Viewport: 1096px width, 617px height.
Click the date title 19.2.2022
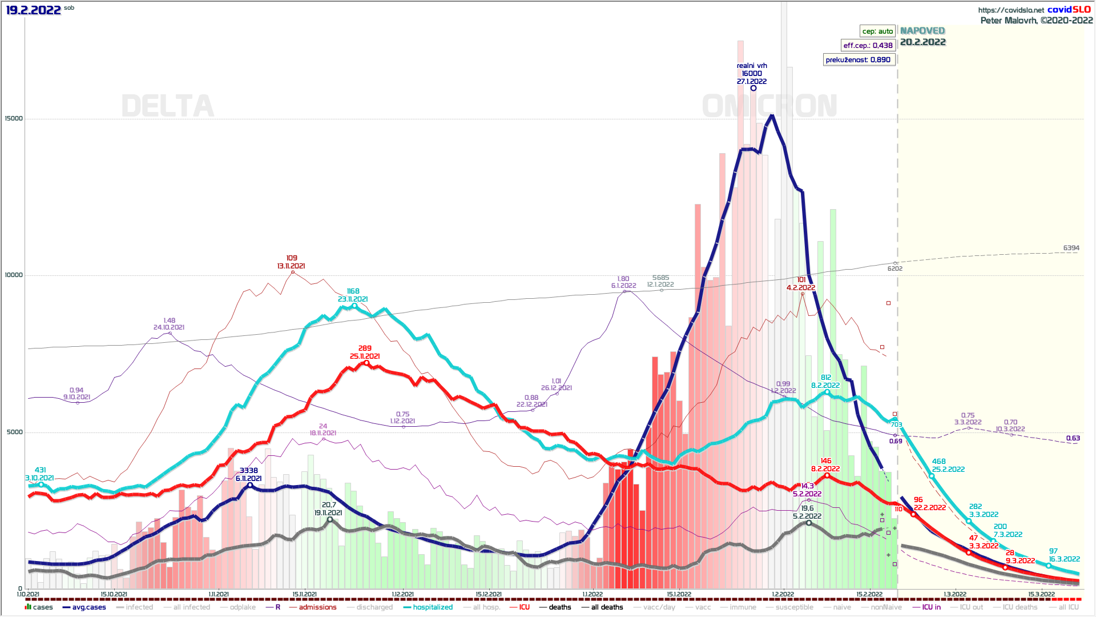pos(33,10)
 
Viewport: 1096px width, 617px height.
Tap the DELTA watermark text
pos(168,106)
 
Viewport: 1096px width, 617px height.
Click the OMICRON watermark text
pos(769,106)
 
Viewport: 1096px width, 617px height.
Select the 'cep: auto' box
pos(877,31)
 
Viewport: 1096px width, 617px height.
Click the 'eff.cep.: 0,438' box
pos(868,45)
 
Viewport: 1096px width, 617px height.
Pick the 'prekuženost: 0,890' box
pos(858,59)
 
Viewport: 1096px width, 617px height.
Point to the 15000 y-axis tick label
pos(14,119)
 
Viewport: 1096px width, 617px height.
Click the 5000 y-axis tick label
pos(15,432)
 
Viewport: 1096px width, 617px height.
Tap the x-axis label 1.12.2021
pos(402,595)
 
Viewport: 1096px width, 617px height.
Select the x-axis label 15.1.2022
pos(679,595)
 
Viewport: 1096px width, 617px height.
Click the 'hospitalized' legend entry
pos(432,607)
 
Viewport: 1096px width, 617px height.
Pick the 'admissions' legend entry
pos(317,607)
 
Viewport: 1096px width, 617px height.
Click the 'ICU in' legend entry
pos(931,607)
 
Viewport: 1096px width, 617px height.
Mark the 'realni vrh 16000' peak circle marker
pos(753,88)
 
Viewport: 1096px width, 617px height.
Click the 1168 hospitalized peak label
pos(353,291)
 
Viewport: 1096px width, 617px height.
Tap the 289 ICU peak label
pos(365,348)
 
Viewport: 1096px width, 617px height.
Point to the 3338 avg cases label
pos(249,471)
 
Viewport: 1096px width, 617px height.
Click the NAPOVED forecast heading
pos(922,31)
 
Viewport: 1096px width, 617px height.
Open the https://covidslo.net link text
pos(1011,10)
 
